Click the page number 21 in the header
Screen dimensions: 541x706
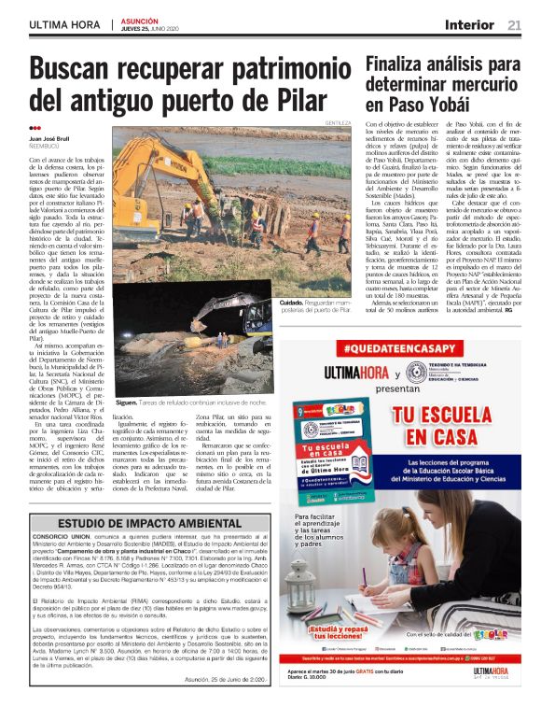[515, 24]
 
